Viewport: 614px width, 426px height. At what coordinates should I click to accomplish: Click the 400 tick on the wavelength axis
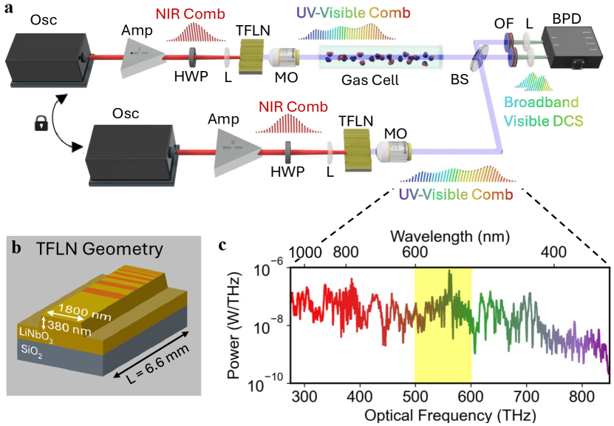click(549, 253)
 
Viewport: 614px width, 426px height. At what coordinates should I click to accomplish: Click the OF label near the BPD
click(504, 24)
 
